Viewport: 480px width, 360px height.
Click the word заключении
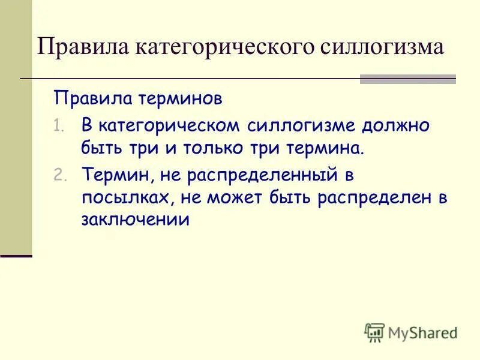click(135, 220)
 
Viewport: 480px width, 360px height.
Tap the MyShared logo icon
click(374, 332)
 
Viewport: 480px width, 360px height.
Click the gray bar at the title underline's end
click(407, 79)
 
